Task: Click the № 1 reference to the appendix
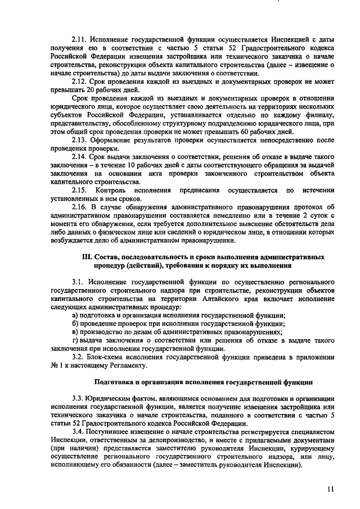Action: [55, 366]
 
